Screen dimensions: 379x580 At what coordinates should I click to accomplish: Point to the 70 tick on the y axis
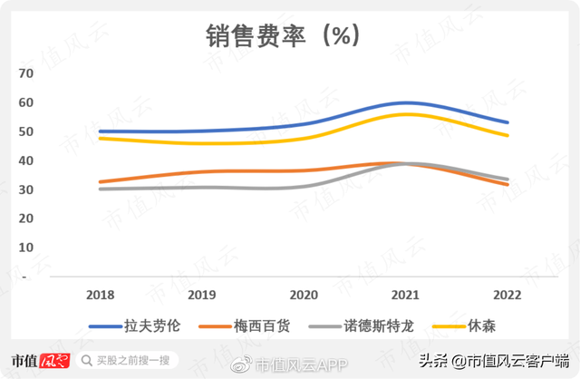[x=25, y=73]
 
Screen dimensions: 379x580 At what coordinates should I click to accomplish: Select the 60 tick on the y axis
[x=25, y=102]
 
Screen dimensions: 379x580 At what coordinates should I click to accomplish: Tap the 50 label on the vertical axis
[x=25, y=131]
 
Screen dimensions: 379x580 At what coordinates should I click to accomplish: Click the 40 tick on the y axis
[x=25, y=160]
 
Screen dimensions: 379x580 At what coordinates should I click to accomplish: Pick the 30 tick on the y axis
[x=25, y=189]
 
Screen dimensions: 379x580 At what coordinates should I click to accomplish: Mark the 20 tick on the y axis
[x=25, y=219]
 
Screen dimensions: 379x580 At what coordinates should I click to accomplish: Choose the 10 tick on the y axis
[x=25, y=248]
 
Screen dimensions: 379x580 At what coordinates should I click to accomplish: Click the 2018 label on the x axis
[x=100, y=295]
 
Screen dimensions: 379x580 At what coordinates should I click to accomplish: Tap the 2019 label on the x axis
[x=202, y=295]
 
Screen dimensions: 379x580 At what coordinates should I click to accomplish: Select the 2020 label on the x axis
[x=304, y=295]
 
